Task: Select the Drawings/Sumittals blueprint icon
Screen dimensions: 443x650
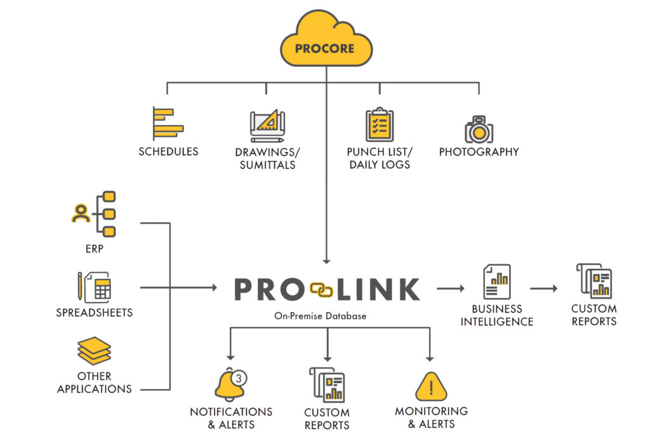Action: tap(265, 125)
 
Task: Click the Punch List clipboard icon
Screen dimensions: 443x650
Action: tap(380, 125)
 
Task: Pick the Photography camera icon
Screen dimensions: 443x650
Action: tap(479, 129)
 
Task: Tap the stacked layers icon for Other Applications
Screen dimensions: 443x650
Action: tap(94, 351)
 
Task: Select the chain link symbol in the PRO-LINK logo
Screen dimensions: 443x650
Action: tap(321, 289)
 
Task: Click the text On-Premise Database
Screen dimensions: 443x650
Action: tap(320, 316)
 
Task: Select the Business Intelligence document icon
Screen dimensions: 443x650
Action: tap(496, 282)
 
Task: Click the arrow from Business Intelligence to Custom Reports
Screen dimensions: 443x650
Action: tap(543, 289)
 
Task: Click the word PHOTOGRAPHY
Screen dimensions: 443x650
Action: tap(479, 152)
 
